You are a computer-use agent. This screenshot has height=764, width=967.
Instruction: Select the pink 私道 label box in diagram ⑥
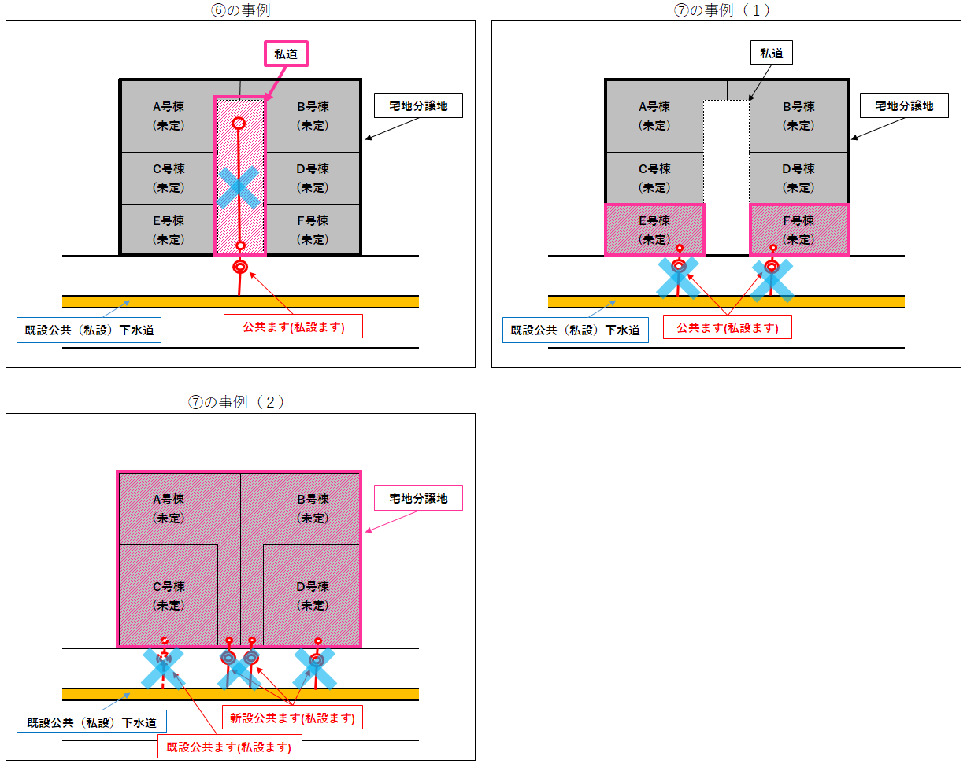coord(284,54)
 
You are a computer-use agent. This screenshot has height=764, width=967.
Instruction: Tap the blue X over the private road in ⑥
coord(239,188)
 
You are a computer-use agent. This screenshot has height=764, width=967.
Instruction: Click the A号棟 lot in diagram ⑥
coord(169,116)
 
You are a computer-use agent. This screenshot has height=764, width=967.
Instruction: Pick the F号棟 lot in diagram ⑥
coord(312,230)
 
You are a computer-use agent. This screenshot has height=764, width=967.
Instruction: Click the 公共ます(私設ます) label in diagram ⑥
coord(294,327)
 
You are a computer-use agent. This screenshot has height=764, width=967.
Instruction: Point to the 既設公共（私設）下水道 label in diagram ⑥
coord(89,330)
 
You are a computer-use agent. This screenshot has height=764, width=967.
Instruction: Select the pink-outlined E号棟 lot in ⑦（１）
coord(654,230)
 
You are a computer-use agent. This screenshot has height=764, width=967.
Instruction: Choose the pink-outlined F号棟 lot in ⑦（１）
coord(798,230)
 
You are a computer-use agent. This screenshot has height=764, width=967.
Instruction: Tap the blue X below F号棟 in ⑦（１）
coord(772,280)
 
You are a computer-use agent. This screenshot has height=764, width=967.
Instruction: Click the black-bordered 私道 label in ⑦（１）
coord(771,54)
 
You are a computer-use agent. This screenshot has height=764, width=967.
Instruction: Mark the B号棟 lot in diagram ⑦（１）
coord(798,116)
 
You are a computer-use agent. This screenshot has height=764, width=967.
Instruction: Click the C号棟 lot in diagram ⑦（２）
coord(169,596)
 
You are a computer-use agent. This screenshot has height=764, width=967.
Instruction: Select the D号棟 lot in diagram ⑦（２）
coord(312,596)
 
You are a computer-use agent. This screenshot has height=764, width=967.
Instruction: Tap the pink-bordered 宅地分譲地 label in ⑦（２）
coord(418,498)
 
